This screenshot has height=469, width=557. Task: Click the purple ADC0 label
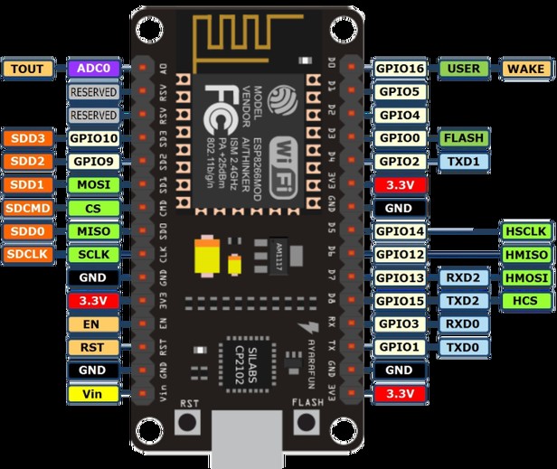pos(92,68)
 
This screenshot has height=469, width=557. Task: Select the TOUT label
pos(29,68)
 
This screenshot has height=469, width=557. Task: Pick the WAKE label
pos(525,68)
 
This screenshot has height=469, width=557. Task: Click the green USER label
pos(463,68)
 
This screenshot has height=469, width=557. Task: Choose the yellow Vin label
pos(92,394)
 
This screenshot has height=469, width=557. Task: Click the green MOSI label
pos(92,185)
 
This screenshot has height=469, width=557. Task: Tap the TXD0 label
pos(463,347)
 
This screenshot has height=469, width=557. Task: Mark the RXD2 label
pos(463,277)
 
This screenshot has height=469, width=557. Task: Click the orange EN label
pos(92,324)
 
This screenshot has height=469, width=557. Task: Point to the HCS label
pos(525,301)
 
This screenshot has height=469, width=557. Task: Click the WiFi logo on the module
pos(281,155)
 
